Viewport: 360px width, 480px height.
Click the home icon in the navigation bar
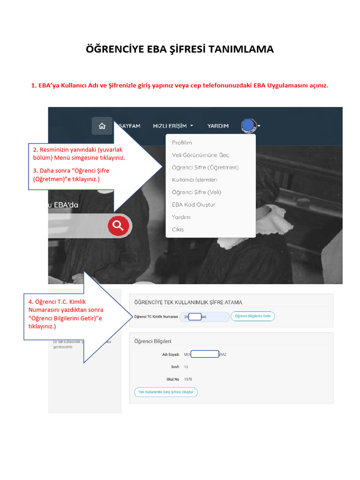click(x=102, y=126)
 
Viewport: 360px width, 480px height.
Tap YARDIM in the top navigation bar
click(x=218, y=126)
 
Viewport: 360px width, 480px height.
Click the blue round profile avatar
click(x=248, y=126)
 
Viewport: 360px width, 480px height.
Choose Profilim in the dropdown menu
click(x=182, y=142)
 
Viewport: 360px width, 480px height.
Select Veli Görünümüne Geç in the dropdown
click(x=200, y=155)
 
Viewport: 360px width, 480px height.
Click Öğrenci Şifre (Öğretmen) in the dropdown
click(x=205, y=167)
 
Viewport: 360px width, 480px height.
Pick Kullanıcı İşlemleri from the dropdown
click(x=195, y=180)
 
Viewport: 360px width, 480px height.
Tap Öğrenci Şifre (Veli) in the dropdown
click(x=196, y=192)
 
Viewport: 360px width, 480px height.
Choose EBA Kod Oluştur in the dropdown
click(x=194, y=205)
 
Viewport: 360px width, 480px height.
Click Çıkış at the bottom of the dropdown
click(x=178, y=230)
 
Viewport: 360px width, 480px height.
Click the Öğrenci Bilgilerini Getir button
click(x=253, y=316)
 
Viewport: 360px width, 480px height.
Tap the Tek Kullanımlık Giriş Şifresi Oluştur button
click(x=166, y=392)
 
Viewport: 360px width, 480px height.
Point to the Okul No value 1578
click(x=188, y=379)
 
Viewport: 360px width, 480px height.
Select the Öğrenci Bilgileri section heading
click(x=153, y=341)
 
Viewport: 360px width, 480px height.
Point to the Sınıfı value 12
click(x=186, y=367)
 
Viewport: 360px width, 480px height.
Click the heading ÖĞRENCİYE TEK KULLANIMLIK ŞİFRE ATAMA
click(x=188, y=302)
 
